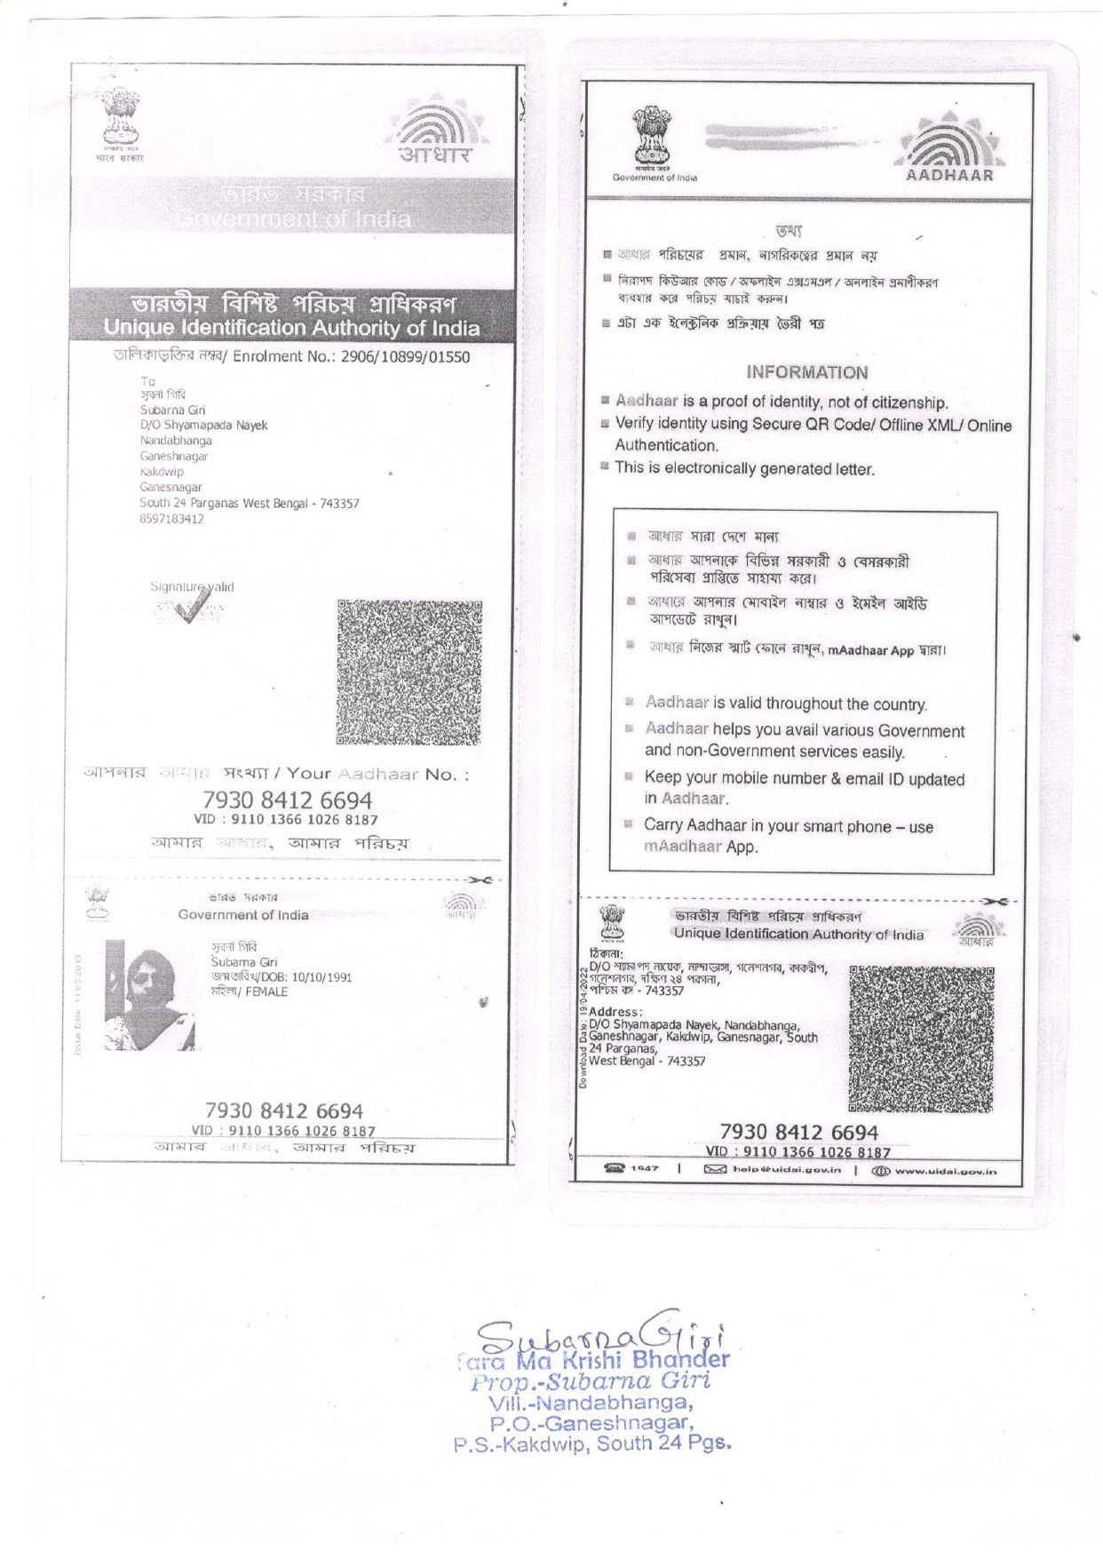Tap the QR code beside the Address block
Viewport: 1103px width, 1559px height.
[921, 1038]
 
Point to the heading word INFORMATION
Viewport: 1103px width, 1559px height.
[806, 373]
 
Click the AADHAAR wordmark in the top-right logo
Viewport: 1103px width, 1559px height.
[949, 176]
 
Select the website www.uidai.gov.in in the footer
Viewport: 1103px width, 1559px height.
[945, 1171]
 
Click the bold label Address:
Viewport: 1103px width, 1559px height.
[615, 1012]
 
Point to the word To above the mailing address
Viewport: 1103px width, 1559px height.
[147, 381]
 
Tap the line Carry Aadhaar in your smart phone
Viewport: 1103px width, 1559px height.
[788, 826]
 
